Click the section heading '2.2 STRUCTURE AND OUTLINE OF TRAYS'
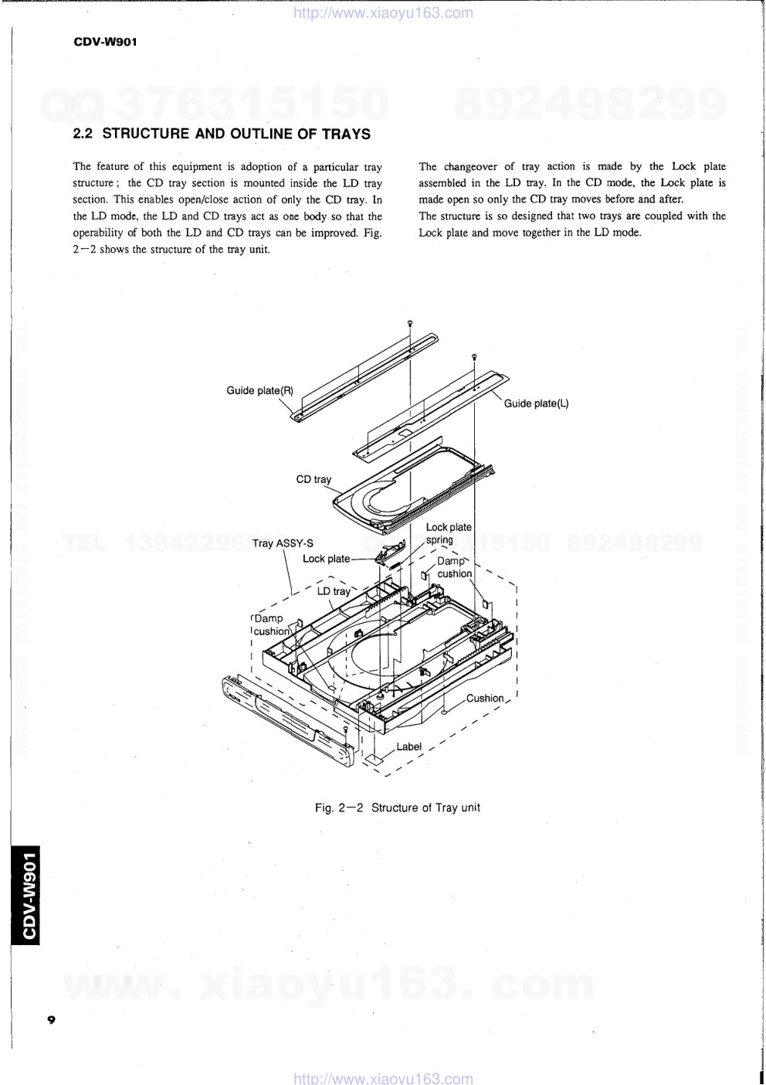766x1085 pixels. pyautogui.click(x=222, y=134)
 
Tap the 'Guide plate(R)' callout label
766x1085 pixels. pyautogui.click(x=259, y=390)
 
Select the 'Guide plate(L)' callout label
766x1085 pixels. pyautogui.click(x=536, y=403)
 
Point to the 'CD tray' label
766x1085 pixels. pyautogui.click(x=314, y=479)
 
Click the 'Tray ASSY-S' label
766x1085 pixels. pyautogui.click(x=283, y=543)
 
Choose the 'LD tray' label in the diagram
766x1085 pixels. pyautogui.click(x=334, y=591)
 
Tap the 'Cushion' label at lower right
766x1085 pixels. pyautogui.click(x=485, y=698)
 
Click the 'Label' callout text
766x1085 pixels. pyautogui.click(x=408, y=747)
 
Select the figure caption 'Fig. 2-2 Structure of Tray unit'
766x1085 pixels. pyautogui.click(x=397, y=808)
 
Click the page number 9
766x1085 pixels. pyautogui.click(x=51, y=1019)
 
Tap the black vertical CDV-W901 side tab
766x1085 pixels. pyautogui.click(x=26, y=896)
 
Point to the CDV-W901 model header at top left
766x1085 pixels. pyautogui.click(x=105, y=43)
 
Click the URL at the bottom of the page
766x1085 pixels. pyautogui.click(x=384, y=1078)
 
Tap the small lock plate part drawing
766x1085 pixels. pyautogui.click(x=389, y=552)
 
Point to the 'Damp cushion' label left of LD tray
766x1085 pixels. pyautogui.click(x=270, y=624)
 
